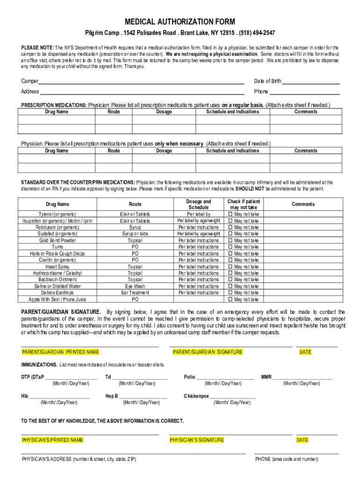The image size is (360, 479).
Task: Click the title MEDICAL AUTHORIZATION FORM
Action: point(180,22)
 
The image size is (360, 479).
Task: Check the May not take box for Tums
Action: point(230,247)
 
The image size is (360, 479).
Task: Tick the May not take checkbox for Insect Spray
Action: point(230,267)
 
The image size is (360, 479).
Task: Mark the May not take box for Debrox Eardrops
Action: point(230,293)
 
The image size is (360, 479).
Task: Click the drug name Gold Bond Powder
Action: point(58,240)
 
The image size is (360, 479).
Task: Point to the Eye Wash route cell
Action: point(135,286)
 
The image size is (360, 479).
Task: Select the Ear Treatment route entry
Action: point(135,293)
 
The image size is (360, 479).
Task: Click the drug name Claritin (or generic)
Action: point(58,260)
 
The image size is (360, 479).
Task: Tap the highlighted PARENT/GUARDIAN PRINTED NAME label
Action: point(60,352)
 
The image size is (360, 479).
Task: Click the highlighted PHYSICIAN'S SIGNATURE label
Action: point(197,440)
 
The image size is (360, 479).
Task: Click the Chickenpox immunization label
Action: point(196,396)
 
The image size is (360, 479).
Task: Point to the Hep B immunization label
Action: point(112,396)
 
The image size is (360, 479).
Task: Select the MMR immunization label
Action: point(266,377)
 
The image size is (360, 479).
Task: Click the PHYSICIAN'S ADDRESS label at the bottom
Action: point(79,459)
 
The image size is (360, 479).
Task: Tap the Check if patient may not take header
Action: point(243,204)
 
